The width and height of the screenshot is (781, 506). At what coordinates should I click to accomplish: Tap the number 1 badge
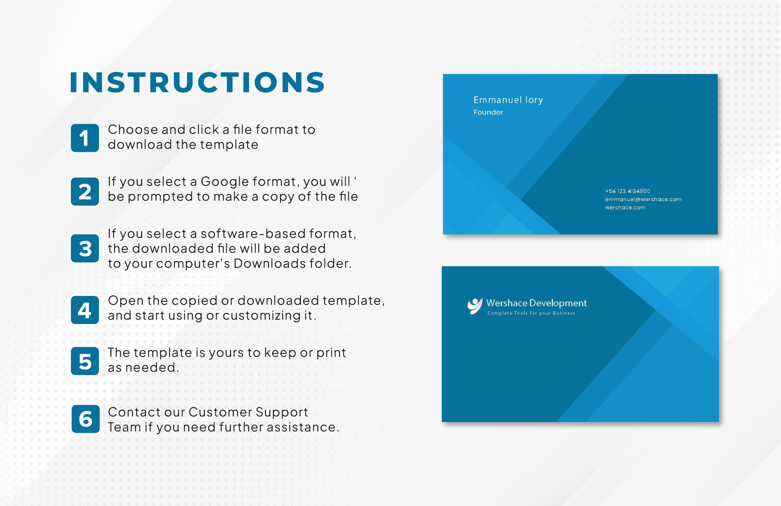(85, 138)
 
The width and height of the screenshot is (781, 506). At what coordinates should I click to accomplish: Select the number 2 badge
(85, 192)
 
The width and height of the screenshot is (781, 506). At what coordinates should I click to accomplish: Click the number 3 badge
(85, 249)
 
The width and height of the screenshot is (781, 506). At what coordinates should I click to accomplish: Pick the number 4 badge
(85, 310)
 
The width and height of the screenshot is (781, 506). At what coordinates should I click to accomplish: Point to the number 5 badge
(85, 361)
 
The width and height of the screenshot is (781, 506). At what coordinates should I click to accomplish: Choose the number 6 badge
(86, 419)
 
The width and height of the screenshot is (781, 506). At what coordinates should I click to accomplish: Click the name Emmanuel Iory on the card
(508, 100)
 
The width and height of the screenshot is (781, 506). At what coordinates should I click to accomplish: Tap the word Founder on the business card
(488, 112)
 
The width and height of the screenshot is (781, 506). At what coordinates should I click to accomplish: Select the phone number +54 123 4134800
(627, 191)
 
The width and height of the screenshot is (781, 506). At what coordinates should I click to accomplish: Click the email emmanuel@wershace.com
(643, 199)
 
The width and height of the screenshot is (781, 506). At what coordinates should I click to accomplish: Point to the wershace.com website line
(625, 207)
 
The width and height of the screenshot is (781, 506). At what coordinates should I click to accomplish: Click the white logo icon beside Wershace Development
(474, 306)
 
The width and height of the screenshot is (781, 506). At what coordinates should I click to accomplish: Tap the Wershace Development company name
(536, 303)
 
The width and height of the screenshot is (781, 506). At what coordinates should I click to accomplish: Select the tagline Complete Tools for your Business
(531, 313)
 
